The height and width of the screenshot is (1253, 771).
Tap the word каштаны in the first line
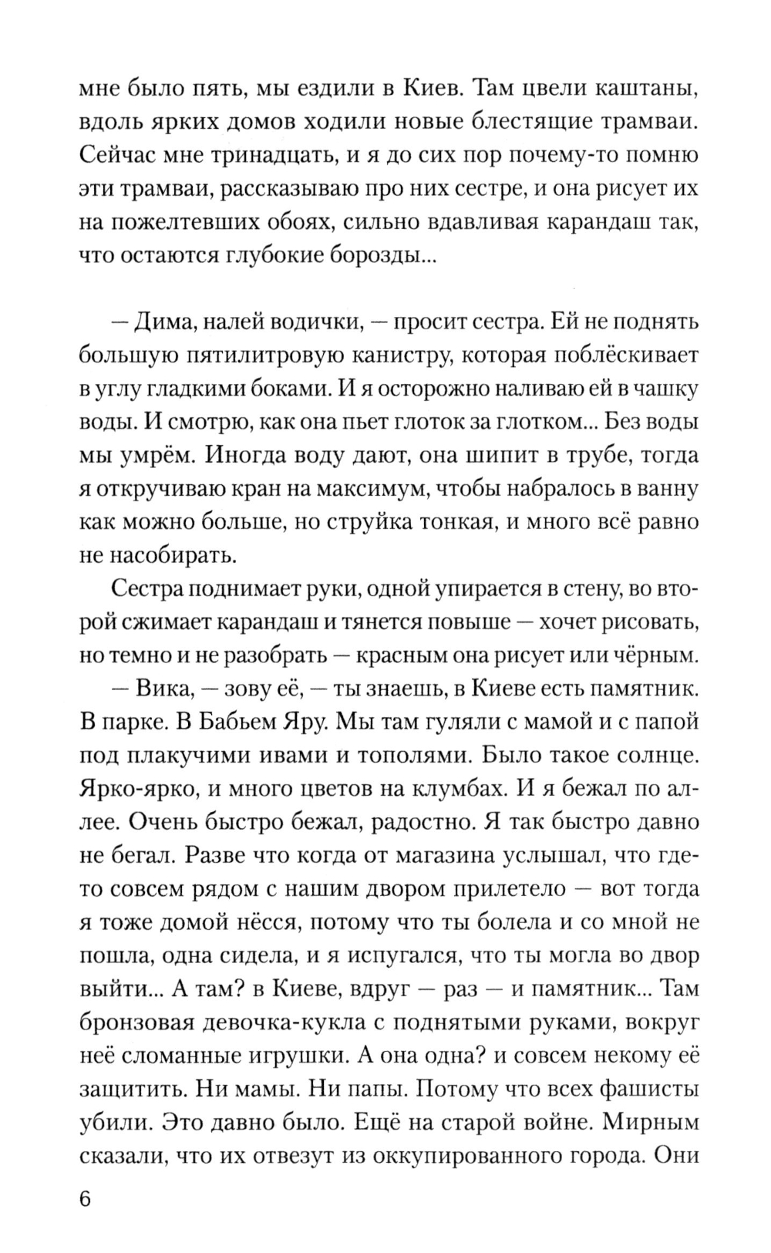[645, 88]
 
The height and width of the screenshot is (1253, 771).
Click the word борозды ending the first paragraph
[388, 257]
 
